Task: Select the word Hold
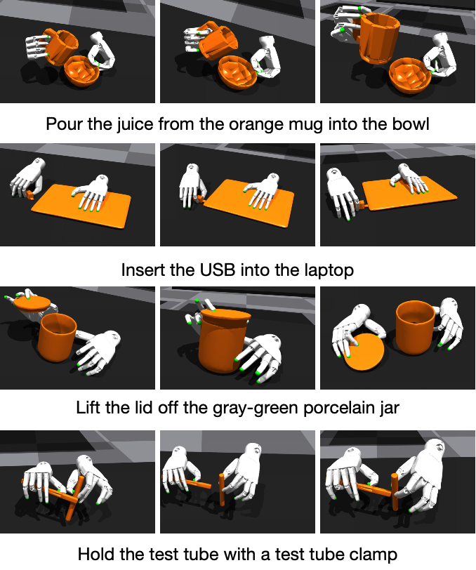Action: [95, 555]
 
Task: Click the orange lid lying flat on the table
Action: [364, 352]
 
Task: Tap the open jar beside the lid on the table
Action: [416, 327]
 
